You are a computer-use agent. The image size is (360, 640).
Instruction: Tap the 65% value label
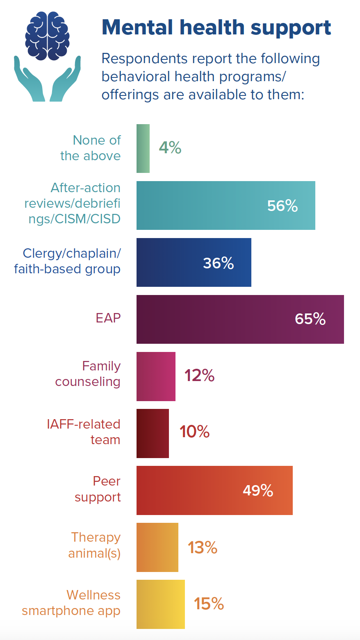pyautogui.click(x=310, y=319)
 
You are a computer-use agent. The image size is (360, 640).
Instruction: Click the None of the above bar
pyautogui.click(x=143, y=148)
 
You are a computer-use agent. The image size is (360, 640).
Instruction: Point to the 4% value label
pyautogui.click(x=170, y=148)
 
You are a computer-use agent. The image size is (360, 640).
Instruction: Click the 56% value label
pyautogui.click(x=283, y=206)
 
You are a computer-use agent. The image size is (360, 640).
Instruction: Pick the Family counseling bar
pyautogui.click(x=156, y=376)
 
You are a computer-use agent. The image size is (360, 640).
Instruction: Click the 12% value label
pyautogui.click(x=199, y=376)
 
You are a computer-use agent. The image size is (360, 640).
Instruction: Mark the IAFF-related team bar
pyautogui.click(x=153, y=433)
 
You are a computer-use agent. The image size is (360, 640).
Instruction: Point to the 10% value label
pyautogui.click(x=194, y=432)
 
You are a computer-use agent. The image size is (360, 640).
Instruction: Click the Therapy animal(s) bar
pyautogui.click(x=157, y=547)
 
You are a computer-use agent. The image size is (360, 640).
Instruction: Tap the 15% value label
pyautogui.click(x=209, y=604)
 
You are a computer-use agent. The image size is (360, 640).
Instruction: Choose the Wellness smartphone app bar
pyautogui.click(x=161, y=604)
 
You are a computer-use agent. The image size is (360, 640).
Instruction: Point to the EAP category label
pyautogui.click(x=108, y=318)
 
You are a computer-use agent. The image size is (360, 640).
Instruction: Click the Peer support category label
pyautogui.click(x=98, y=489)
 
